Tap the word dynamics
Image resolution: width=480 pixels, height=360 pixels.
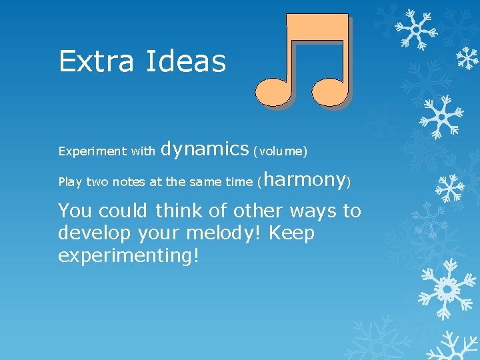(x=205, y=149)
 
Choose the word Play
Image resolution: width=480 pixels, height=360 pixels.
(x=70, y=182)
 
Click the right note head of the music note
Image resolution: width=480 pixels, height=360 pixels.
(x=330, y=91)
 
